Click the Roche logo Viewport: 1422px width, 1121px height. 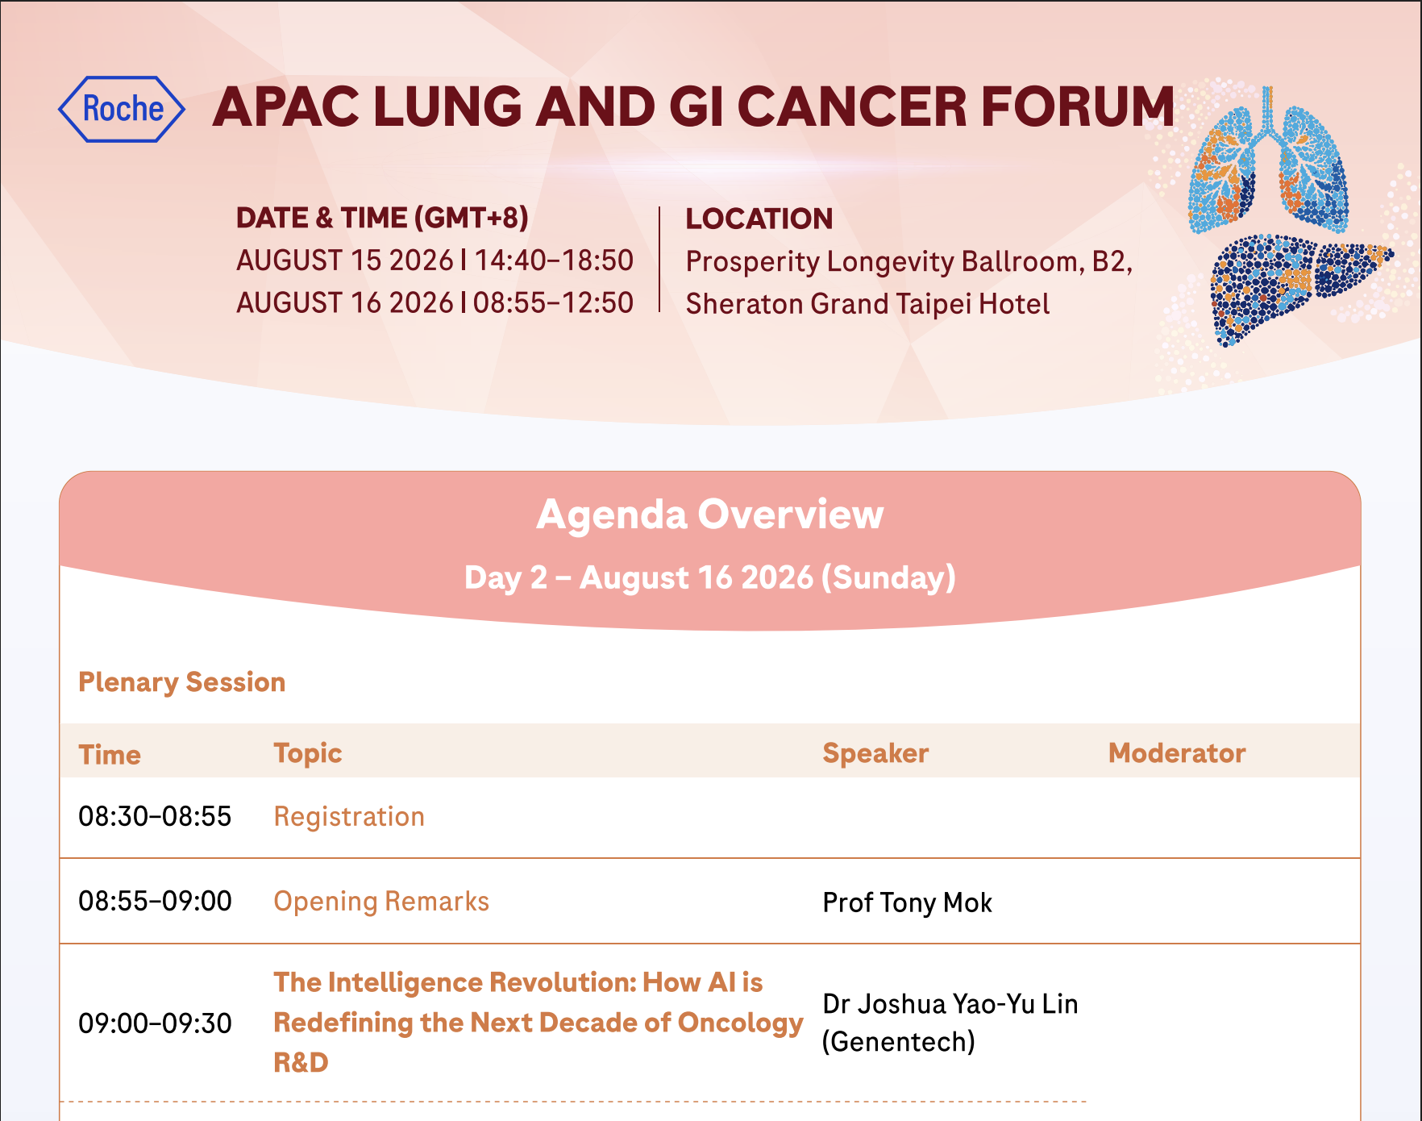[122, 109]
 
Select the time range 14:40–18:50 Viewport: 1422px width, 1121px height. [553, 260]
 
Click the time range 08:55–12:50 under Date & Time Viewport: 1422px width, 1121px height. [553, 302]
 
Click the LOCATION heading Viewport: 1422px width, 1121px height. [759, 219]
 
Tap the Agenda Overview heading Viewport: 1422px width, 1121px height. [710, 515]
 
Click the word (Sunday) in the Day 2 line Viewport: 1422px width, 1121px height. [888, 578]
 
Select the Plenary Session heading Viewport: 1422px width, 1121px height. [182, 682]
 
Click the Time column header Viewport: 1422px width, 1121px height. [110, 755]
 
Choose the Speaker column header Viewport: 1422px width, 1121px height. [875, 753]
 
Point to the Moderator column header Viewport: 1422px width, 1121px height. [1177, 753]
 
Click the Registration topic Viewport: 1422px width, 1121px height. [349, 817]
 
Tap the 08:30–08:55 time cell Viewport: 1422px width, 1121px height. [155, 816]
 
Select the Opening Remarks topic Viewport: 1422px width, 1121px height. [381, 902]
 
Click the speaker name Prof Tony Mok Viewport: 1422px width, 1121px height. [907, 902]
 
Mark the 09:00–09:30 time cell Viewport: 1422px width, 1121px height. [155, 1023]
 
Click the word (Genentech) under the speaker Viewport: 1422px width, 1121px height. [899, 1042]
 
